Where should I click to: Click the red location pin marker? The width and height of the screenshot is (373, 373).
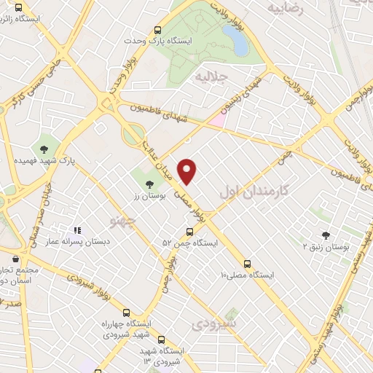point(188,171)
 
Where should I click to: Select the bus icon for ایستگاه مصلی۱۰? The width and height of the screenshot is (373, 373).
point(248,264)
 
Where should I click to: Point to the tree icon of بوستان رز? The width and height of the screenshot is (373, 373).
point(150,184)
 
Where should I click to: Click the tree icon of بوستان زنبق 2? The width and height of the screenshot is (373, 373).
point(326,235)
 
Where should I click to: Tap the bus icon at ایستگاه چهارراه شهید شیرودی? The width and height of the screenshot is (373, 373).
point(127,312)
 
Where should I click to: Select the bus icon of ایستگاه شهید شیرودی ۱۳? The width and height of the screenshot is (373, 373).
point(162,339)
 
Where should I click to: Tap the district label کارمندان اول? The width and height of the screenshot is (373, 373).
point(253,191)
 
